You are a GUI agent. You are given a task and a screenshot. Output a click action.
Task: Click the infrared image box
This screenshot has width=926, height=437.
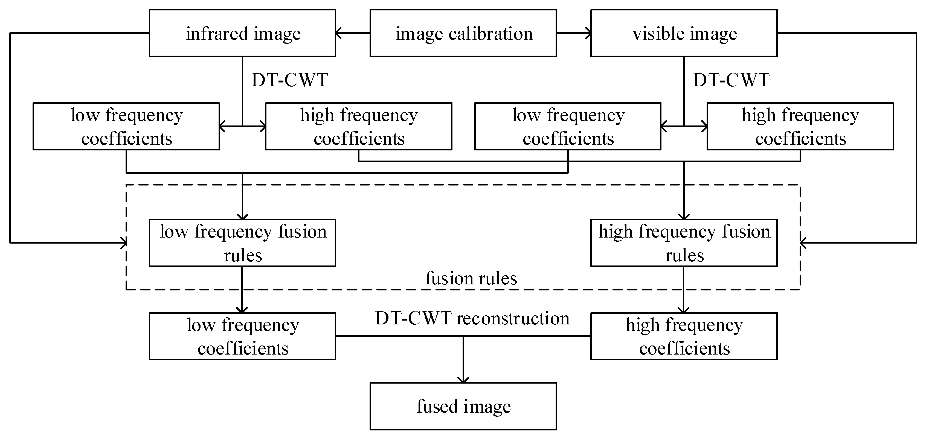tap(243, 33)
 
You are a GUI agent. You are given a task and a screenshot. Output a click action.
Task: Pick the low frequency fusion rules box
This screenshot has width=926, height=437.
tap(243, 243)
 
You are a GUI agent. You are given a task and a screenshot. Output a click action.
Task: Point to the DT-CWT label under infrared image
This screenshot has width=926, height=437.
tap(290, 80)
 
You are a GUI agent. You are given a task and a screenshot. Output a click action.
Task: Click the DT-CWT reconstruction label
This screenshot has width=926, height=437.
tap(472, 318)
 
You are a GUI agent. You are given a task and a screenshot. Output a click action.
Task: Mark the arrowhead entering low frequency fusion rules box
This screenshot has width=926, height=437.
tap(243, 216)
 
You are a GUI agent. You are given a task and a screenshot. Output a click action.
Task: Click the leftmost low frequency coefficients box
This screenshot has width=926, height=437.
tap(126, 126)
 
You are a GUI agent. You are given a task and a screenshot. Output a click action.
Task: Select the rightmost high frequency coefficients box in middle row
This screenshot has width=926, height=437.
tap(800, 126)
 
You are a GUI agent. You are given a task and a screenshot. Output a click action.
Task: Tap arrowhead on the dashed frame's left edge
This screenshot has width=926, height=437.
tap(124, 243)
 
